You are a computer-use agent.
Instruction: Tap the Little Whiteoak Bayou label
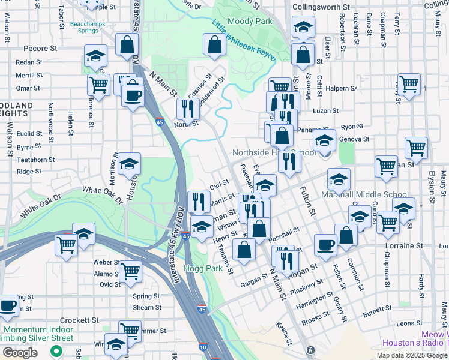(x=243, y=40)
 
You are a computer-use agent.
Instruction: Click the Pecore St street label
(x=40, y=48)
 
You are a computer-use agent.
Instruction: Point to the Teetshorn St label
(x=36, y=160)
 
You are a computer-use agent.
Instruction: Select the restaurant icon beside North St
(x=187, y=108)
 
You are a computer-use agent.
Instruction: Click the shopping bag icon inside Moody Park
(x=215, y=43)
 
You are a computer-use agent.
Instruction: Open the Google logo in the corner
(x=20, y=353)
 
